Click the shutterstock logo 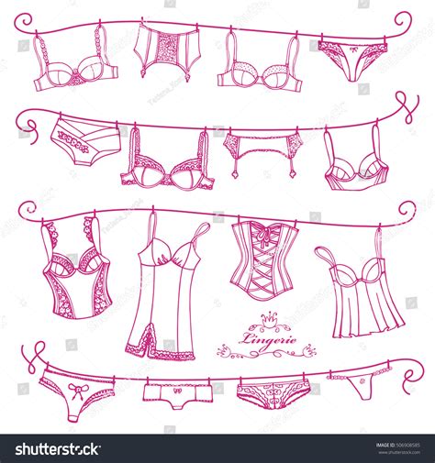(53, 448)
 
